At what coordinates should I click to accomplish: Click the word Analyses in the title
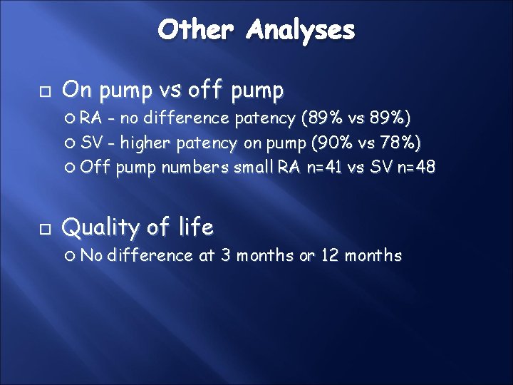[301, 31]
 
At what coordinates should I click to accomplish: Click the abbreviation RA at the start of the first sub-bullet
[90, 118]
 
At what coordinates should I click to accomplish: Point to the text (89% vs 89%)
[357, 118]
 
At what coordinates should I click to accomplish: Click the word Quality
[103, 228]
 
